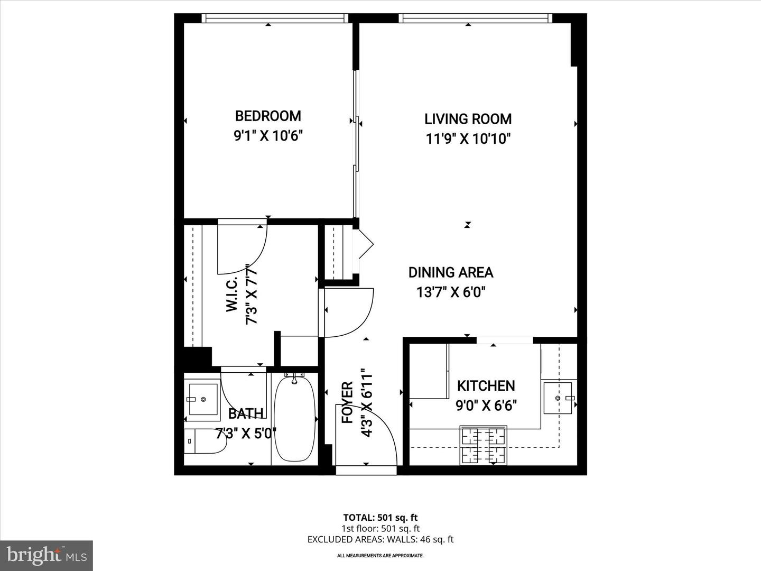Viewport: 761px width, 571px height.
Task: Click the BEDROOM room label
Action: pyautogui.click(x=268, y=116)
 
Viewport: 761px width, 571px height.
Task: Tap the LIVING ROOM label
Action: pyautogui.click(x=468, y=119)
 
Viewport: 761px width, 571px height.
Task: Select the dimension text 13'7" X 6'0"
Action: pyautogui.click(x=451, y=292)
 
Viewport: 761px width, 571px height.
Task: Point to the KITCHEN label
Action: pyautogui.click(x=486, y=386)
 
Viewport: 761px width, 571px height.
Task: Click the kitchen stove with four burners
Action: pyautogui.click(x=483, y=445)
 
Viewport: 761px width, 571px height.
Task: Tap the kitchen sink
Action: pyautogui.click(x=558, y=398)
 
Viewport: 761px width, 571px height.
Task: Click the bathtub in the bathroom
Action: pyautogui.click(x=295, y=418)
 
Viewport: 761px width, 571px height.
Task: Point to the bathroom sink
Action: pyautogui.click(x=203, y=399)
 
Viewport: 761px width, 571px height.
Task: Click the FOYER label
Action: pyautogui.click(x=347, y=402)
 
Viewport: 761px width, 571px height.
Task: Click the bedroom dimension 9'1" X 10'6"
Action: pyautogui.click(x=268, y=136)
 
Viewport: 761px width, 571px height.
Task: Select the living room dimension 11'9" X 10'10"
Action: pyautogui.click(x=468, y=139)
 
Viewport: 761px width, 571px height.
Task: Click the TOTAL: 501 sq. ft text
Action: pyautogui.click(x=380, y=518)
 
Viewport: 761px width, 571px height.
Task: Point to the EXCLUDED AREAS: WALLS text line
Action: pyautogui.click(x=380, y=539)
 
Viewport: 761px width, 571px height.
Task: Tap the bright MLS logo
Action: pyautogui.click(x=47, y=555)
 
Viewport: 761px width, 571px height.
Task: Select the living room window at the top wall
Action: pyautogui.click(x=475, y=19)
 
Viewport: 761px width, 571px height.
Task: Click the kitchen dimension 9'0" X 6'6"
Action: pyautogui.click(x=486, y=406)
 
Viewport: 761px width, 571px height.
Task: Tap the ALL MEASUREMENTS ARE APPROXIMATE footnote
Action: pyautogui.click(x=380, y=556)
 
